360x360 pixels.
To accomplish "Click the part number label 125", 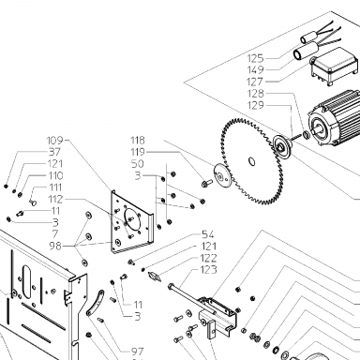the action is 255,58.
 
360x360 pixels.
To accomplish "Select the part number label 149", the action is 255,69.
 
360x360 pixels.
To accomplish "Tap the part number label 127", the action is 255,82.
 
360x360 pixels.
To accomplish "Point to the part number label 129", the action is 255,105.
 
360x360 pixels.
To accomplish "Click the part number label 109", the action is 54,140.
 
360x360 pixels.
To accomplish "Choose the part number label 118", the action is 138,140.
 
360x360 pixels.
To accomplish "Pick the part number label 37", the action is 54,152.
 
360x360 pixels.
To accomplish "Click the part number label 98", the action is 55,246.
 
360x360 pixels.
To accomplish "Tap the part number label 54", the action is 208,234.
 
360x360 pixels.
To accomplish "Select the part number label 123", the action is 208,269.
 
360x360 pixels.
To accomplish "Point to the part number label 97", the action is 137,352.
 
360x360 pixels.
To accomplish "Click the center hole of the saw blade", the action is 251,161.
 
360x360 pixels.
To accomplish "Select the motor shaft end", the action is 315,128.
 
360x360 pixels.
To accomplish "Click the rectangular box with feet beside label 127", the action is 335,67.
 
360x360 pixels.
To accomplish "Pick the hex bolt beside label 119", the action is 206,183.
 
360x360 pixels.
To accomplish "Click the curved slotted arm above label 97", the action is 95,303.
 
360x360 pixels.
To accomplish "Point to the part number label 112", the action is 55,199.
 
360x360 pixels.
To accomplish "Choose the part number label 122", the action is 208,258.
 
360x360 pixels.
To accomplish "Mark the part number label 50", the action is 138,163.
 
